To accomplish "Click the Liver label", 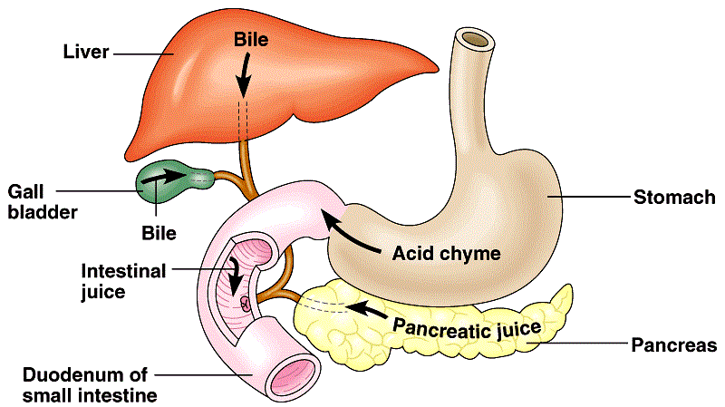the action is (86, 52).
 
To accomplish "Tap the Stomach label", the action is (674, 197).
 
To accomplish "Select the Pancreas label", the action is (673, 345).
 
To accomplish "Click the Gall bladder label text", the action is (43, 202).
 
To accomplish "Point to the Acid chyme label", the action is (446, 254).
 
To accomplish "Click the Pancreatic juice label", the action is (467, 329).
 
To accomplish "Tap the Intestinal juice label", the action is (123, 281).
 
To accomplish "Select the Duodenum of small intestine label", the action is (90, 385).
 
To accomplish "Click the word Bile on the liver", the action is (251, 39).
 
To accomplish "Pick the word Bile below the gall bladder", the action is (159, 233).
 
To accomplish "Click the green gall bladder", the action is (173, 181).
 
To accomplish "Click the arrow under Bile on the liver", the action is (244, 73).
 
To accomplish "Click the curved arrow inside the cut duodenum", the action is (236, 276).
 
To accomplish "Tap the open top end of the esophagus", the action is (475, 38).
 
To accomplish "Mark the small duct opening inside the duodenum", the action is (246, 304).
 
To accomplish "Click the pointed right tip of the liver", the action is (438, 70).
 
